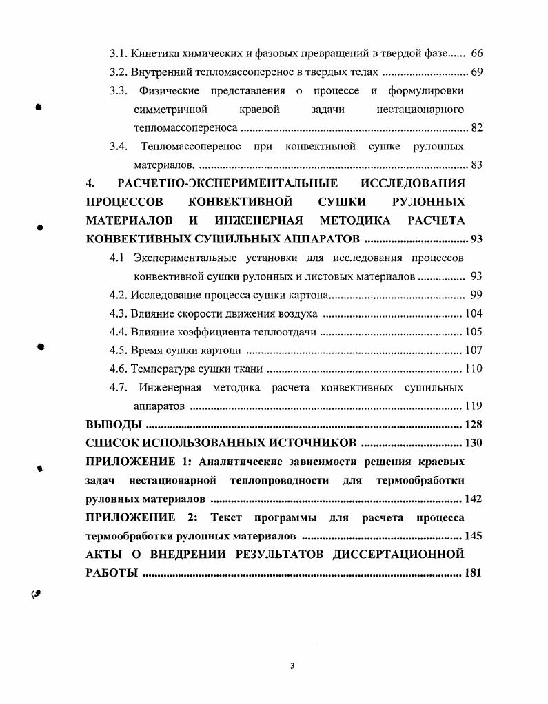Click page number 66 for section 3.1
[476, 53]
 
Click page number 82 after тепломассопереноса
[476, 127]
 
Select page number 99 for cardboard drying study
[476, 296]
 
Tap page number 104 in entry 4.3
[473, 314]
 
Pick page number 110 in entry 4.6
[473, 369]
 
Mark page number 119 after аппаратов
[473, 406]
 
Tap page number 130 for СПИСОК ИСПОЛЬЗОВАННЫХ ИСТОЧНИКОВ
[473, 442]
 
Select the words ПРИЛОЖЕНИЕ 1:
[137, 462]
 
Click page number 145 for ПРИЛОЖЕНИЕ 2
[473, 535]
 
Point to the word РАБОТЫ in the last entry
[111, 572]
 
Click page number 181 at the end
[473, 572]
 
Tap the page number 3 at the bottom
[292, 666]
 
